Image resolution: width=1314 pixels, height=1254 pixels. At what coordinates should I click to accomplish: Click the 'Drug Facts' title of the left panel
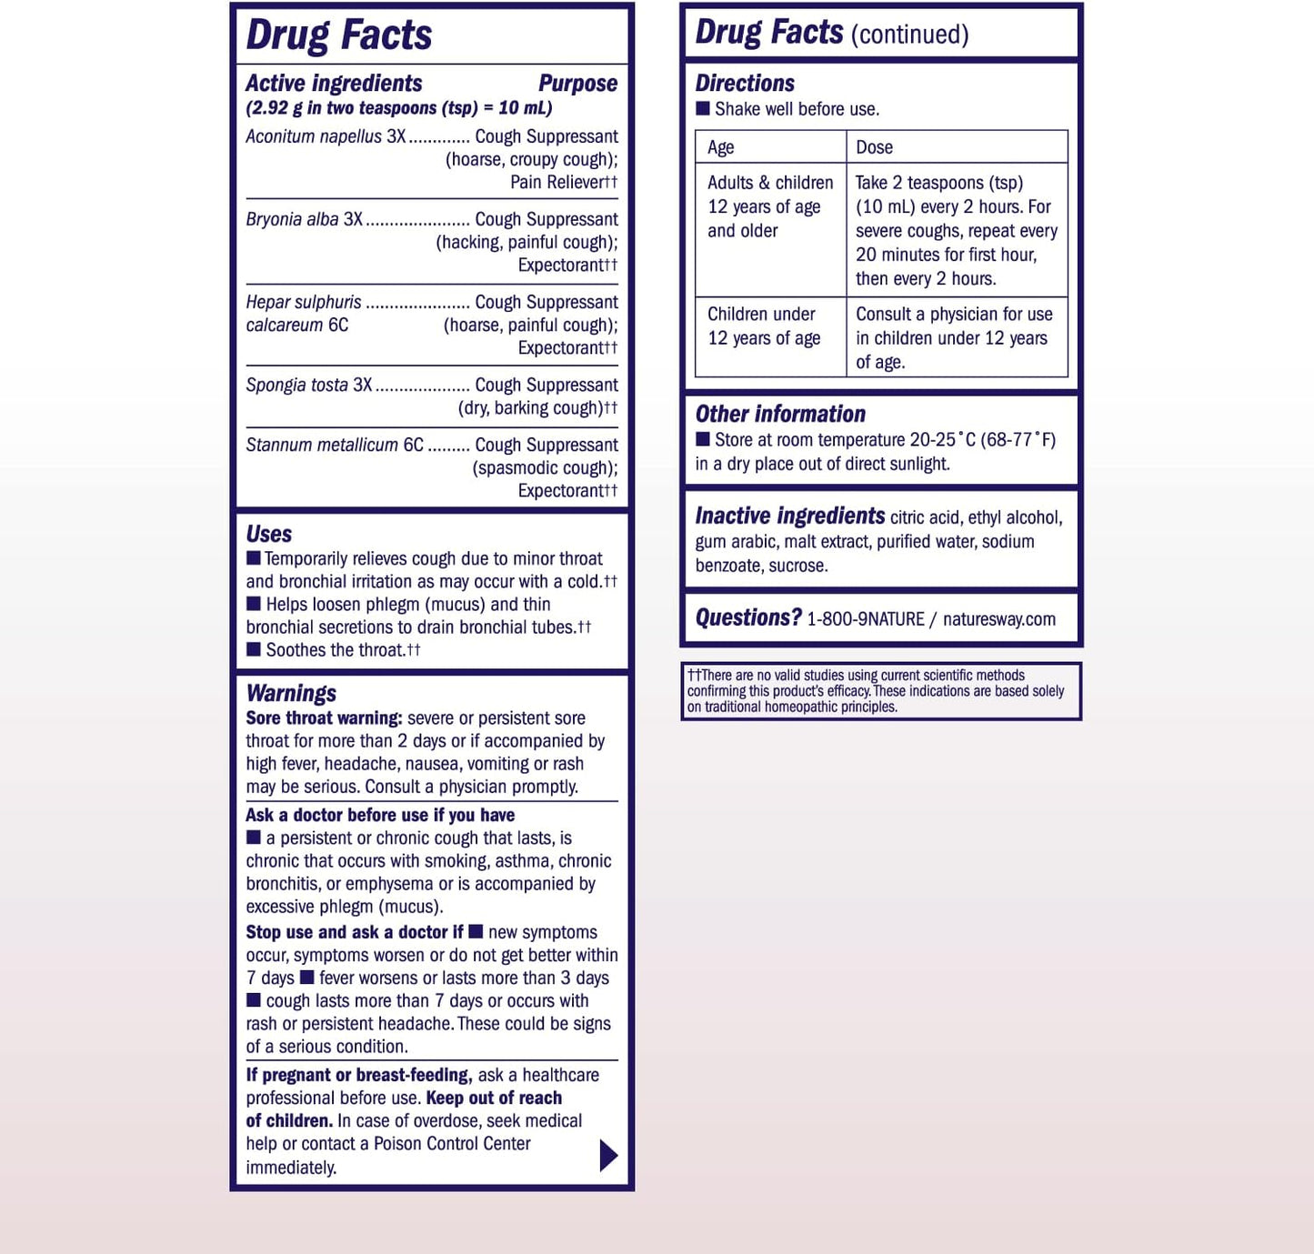(x=338, y=35)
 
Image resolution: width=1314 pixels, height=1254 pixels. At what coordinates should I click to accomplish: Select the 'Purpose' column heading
(x=577, y=84)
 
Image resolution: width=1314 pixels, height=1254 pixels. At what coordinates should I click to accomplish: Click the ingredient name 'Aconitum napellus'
(x=314, y=136)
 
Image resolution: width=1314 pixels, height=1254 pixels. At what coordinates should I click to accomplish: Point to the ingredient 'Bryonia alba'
(x=292, y=219)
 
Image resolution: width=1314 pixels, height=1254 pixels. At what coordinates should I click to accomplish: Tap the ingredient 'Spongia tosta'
(x=296, y=385)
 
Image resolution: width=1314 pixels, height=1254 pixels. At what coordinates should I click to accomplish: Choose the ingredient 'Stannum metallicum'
(x=322, y=445)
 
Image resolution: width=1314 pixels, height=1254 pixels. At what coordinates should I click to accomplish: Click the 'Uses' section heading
(x=268, y=534)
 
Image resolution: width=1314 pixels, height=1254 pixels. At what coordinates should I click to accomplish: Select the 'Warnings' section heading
(x=291, y=693)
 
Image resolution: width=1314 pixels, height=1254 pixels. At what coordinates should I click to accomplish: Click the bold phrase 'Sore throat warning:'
(x=324, y=718)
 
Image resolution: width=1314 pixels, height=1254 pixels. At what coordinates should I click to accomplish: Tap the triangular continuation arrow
(x=608, y=1155)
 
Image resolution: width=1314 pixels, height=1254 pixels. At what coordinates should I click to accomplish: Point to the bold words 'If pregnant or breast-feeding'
(x=358, y=1075)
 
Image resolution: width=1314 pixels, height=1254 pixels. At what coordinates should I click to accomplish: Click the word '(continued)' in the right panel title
(x=909, y=35)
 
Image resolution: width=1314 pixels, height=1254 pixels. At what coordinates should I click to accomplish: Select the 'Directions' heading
(x=745, y=84)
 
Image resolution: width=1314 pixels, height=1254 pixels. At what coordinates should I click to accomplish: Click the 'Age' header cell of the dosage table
(x=721, y=147)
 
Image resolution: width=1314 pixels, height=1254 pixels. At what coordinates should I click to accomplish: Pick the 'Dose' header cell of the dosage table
(x=874, y=147)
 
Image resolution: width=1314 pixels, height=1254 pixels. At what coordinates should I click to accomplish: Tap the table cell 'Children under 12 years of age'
(x=764, y=326)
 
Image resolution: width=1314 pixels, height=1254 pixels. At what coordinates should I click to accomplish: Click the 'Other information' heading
(x=780, y=415)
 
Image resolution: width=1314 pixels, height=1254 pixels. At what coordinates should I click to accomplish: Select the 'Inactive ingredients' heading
(x=789, y=517)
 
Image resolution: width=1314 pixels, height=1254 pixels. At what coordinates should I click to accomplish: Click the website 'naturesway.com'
(x=999, y=619)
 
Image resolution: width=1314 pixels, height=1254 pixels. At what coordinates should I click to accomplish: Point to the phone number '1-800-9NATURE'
(x=866, y=619)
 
